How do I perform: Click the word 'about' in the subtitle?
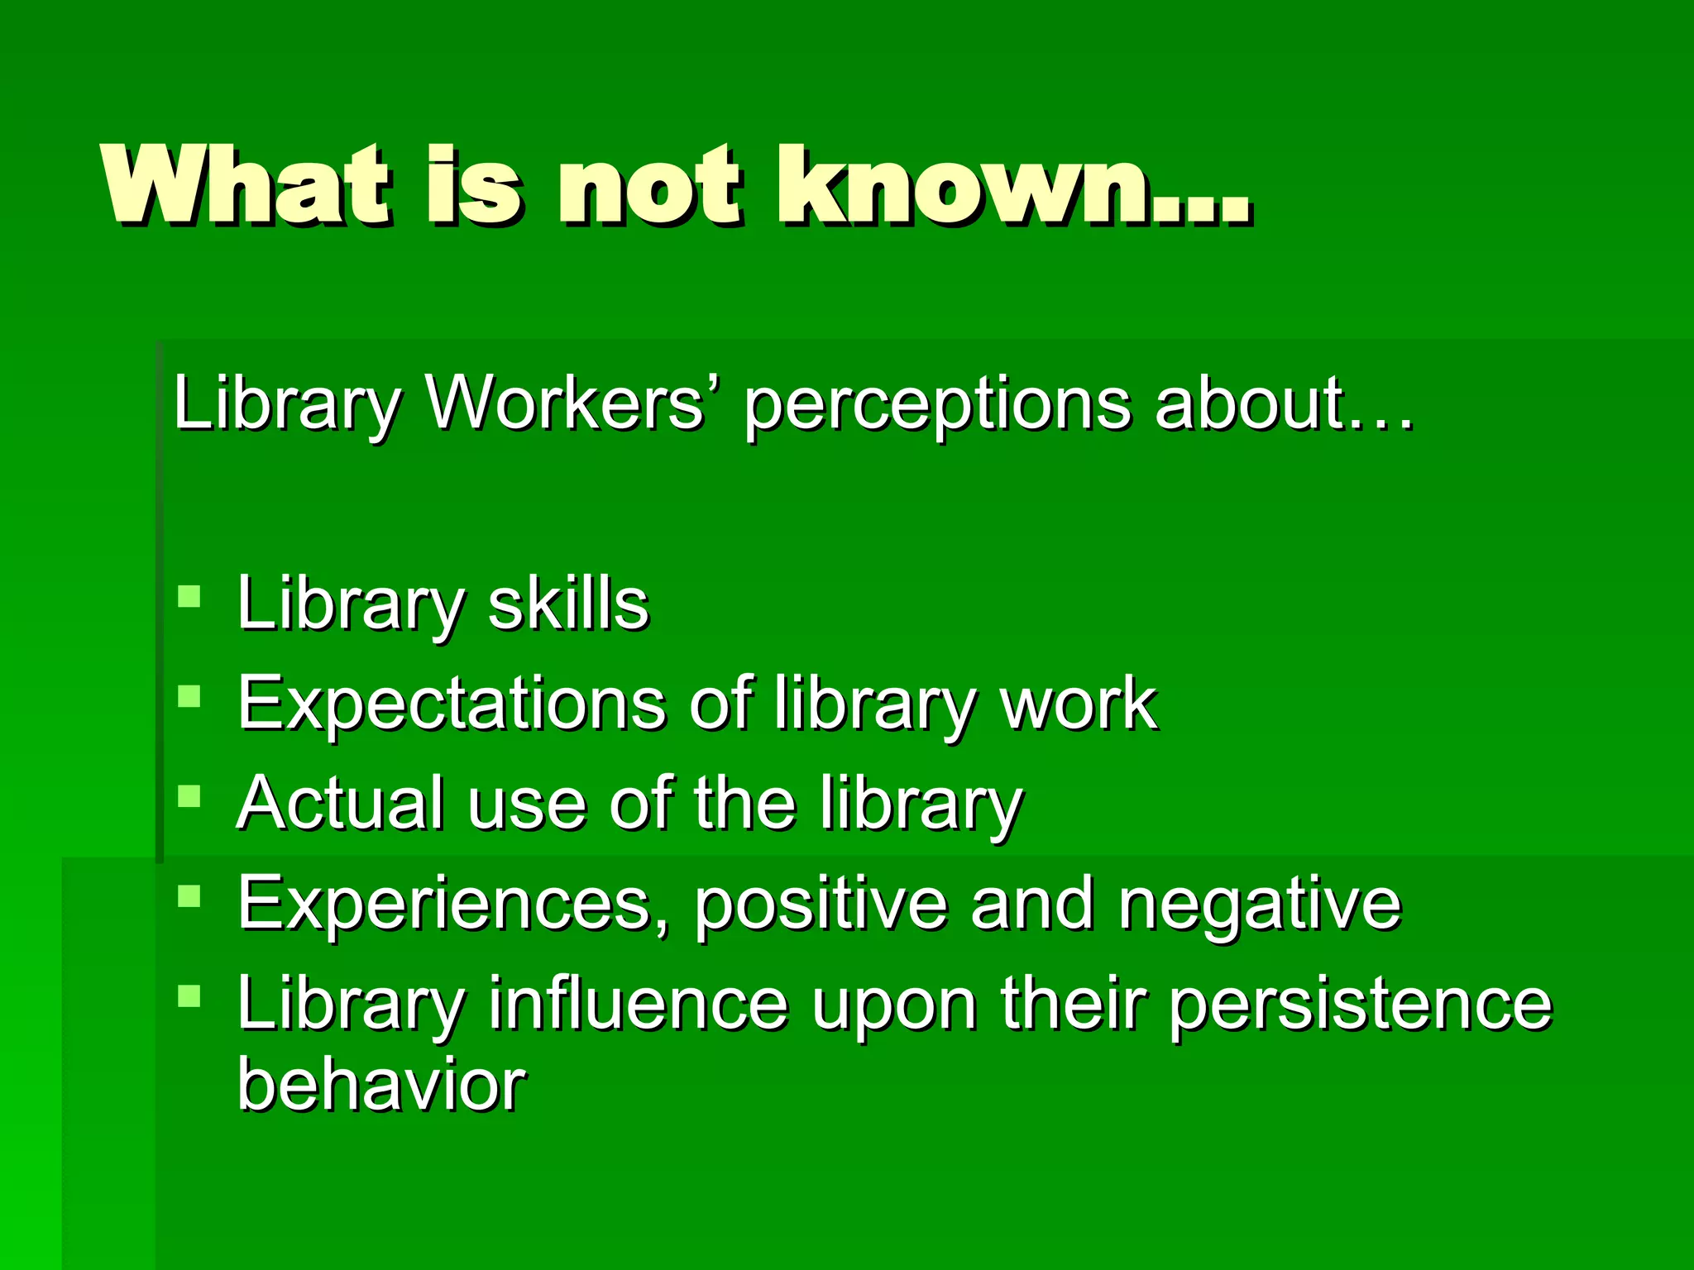(1249, 403)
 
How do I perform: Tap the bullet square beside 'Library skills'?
(189, 597)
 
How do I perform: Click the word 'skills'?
(568, 603)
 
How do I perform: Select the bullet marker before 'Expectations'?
(189, 697)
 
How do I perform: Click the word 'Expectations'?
(452, 704)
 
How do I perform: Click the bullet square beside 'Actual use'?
(189, 797)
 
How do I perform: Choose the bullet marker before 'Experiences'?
(189, 897)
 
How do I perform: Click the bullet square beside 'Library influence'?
(189, 995)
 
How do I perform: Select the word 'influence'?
(638, 1003)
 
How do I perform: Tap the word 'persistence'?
(1361, 1005)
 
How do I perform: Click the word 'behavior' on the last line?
(381, 1084)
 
